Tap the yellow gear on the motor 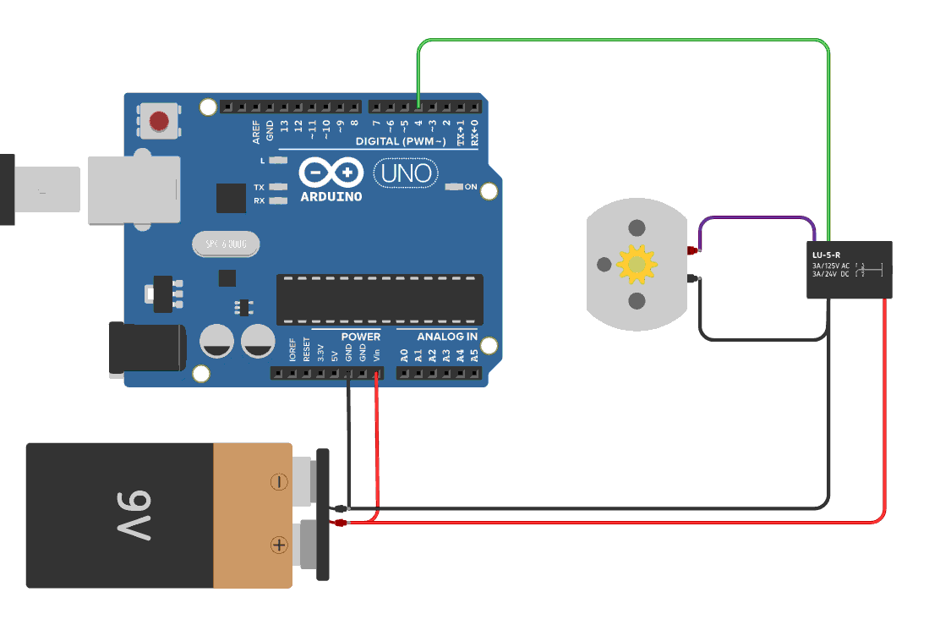(636, 265)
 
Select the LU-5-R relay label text (827, 254)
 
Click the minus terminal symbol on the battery (279, 482)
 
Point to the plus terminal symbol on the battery (279, 546)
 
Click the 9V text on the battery (128, 515)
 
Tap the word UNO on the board (407, 174)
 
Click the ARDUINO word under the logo (331, 196)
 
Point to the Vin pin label (376, 354)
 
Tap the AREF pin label (256, 130)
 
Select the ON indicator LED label (471, 186)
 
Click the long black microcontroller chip (380, 299)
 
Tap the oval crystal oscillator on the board (225, 245)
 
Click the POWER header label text (361, 337)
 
